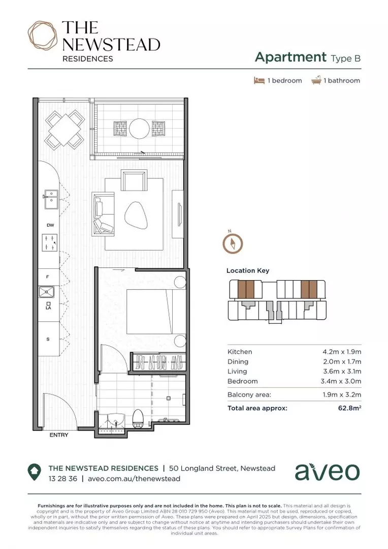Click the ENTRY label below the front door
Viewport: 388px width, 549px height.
point(58,435)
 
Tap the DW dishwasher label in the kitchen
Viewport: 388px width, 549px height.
point(50,225)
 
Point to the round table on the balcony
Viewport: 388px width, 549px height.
point(139,128)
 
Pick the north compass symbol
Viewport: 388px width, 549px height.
point(232,243)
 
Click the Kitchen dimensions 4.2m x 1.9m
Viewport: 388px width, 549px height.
point(342,352)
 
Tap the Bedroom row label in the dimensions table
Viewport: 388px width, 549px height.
point(242,381)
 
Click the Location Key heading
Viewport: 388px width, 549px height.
point(248,271)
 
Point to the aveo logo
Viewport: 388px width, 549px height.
point(327,472)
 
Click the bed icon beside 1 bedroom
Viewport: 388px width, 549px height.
point(259,80)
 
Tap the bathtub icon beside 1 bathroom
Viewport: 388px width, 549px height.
point(316,80)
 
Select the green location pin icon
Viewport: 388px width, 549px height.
point(35,472)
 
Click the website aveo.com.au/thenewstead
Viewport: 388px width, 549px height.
point(134,478)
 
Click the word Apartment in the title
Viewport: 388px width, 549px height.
point(290,57)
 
